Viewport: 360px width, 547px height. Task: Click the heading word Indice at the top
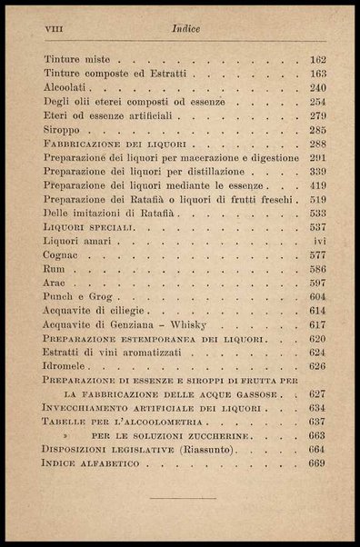point(185,30)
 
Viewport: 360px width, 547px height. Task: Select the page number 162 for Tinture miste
point(317,60)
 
